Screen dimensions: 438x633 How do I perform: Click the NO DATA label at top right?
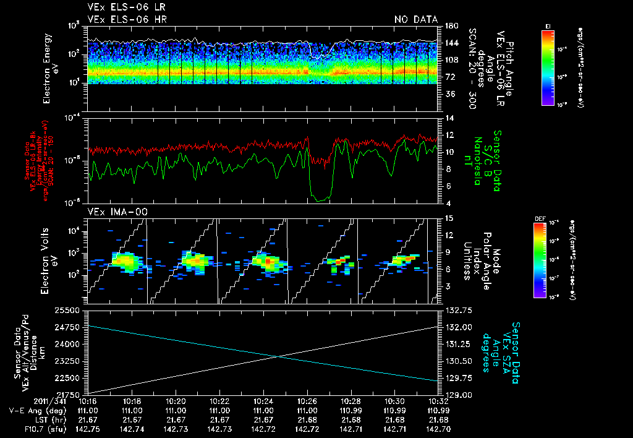[416, 19]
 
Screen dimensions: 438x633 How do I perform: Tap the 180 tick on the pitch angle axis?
[450, 26]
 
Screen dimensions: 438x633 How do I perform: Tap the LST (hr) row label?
[34, 419]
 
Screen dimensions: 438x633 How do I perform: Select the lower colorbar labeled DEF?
[548, 259]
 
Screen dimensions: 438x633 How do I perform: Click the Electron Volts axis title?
[49, 260]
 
